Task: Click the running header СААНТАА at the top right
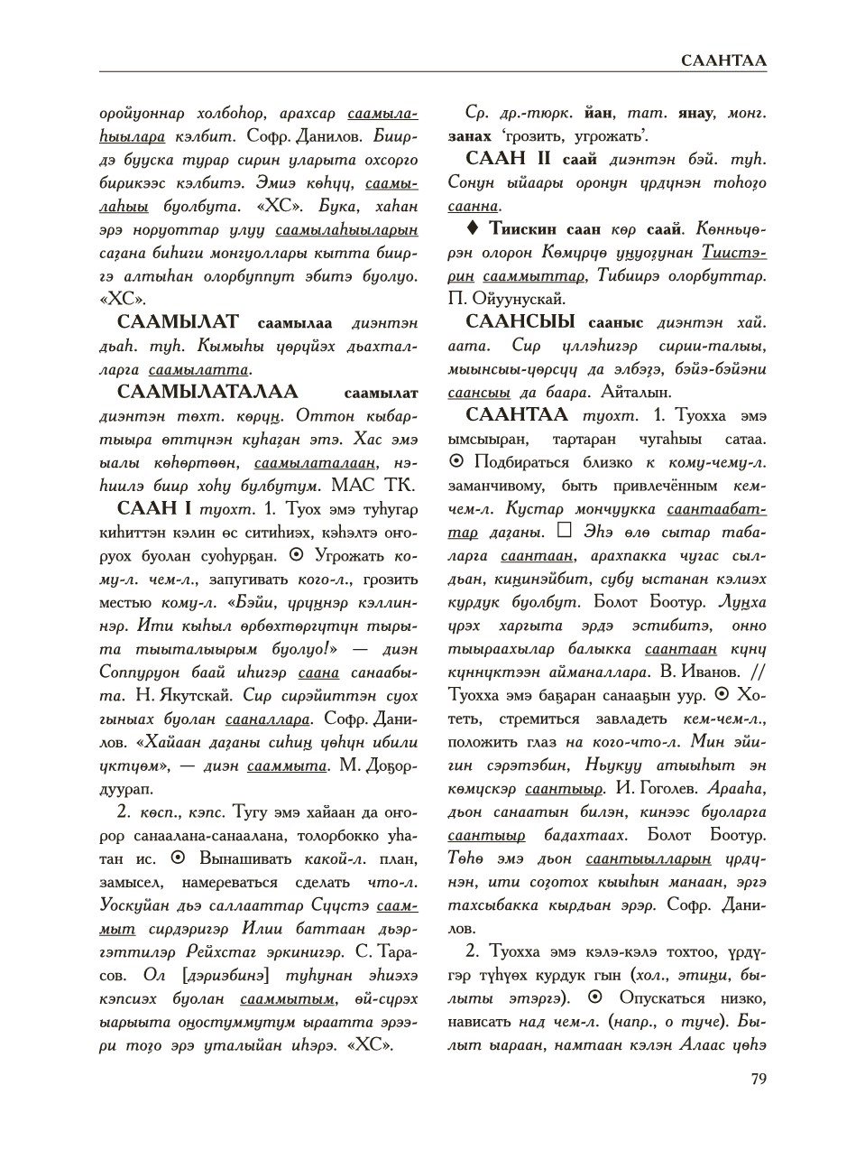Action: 723,60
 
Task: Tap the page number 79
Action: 758,1078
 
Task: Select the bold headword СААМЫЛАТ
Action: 178,321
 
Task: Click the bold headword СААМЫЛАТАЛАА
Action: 207,392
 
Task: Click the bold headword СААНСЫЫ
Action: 520,321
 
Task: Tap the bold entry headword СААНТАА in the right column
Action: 517,414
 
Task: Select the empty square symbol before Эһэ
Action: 566,531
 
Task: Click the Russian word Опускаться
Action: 661,998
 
